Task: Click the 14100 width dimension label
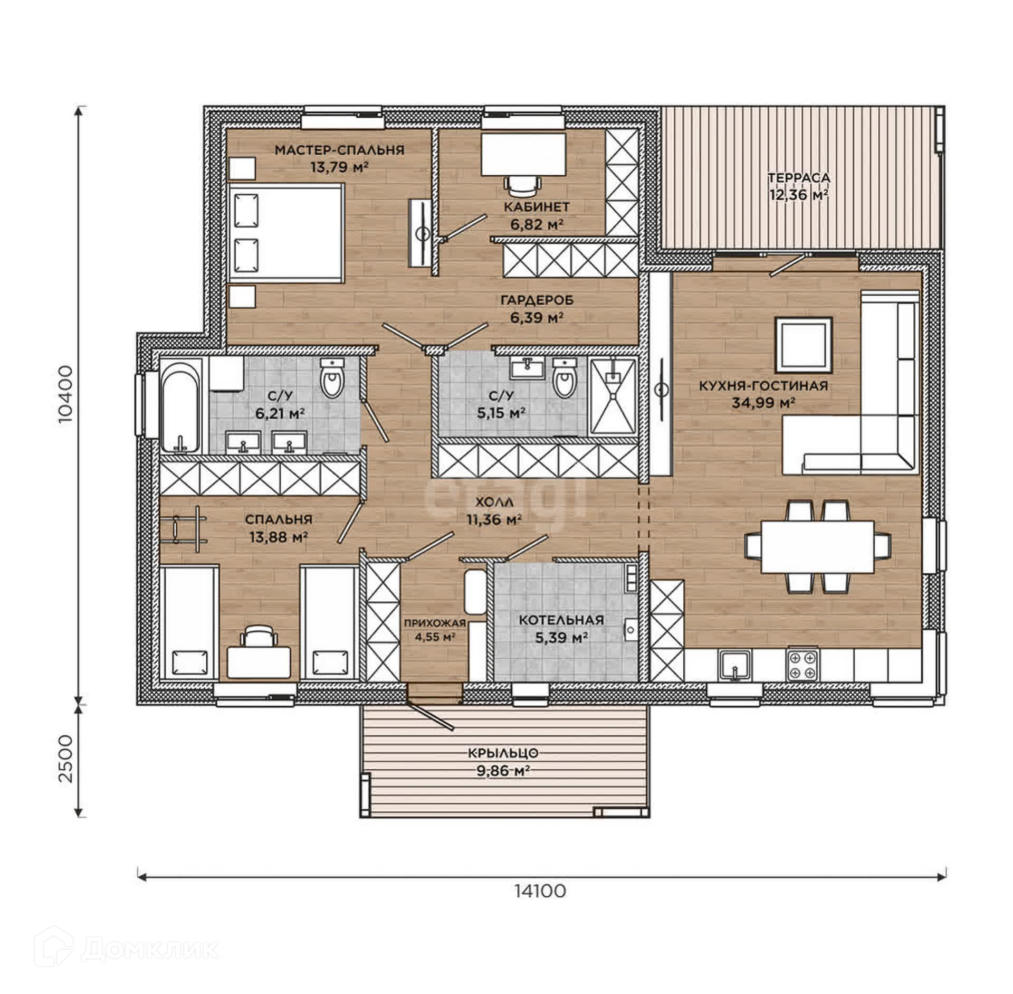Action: click(x=540, y=891)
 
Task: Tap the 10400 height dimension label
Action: click(x=66, y=395)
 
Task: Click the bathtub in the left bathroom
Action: click(x=180, y=405)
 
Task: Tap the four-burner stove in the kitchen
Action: click(x=803, y=664)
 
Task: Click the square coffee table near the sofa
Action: click(x=803, y=345)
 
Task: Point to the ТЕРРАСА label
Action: click(x=798, y=177)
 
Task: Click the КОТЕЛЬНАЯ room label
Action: click(x=561, y=620)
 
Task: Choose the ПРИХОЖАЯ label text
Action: click(x=435, y=623)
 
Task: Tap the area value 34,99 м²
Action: click(x=763, y=403)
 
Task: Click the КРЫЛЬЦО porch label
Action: click(x=502, y=753)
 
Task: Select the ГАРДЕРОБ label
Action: click(x=537, y=300)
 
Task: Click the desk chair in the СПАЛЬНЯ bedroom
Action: click(x=259, y=636)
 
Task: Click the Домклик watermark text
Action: click(x=150, y=950)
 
